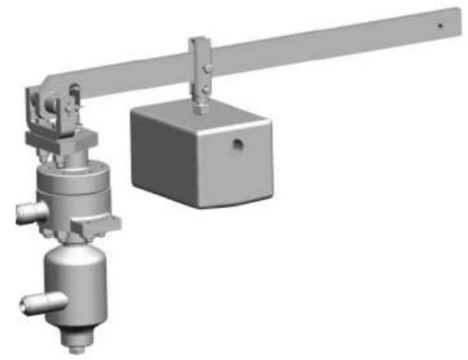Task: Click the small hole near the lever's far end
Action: pos(440,26)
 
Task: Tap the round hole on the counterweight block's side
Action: pos(238,145)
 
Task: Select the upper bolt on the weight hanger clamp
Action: pos(208,69)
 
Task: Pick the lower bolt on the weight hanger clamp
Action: pos(207,89)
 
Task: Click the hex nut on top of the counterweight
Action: pos(200,108)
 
